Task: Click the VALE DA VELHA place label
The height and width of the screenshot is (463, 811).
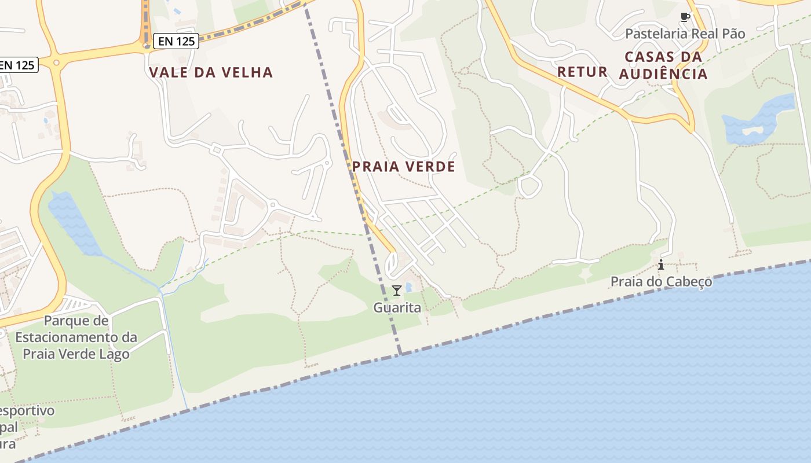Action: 211,72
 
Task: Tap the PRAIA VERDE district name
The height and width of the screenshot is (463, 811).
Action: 404,167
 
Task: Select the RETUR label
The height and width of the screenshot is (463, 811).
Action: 582,72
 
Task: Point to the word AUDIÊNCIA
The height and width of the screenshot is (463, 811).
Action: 663,74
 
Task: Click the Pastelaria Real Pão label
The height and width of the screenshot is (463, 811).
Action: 685,34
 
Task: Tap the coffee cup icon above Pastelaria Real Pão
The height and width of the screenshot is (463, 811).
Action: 685,17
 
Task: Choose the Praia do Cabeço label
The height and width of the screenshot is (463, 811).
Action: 661,282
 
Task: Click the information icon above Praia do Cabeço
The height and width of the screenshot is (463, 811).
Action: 661,265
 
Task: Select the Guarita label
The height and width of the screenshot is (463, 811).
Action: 397,307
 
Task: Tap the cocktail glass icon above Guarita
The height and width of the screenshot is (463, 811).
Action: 397,291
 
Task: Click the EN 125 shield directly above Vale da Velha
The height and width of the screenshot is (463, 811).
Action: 176,41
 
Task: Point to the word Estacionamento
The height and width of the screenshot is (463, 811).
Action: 76,337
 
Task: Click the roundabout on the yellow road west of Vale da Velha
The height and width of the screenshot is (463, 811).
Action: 56,63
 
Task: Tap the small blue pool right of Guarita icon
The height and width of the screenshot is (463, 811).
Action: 408,287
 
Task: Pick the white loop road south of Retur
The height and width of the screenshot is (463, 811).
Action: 529,187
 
